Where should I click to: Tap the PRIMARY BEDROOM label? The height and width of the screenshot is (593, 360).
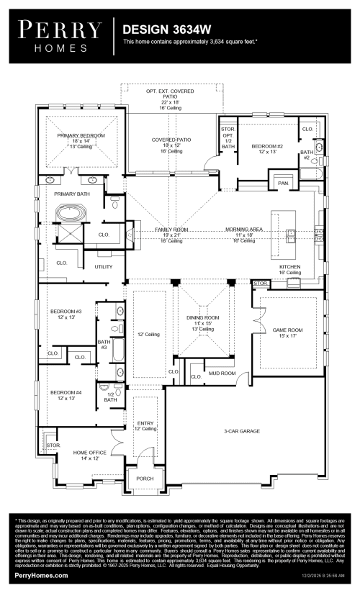click(x=81, y=135)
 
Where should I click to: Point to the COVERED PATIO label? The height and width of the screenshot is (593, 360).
click(x=171, y=140)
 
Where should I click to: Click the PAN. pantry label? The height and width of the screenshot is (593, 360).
click(x=283, y=184)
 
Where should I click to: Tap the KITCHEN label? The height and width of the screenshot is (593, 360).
click(x=289, y=266)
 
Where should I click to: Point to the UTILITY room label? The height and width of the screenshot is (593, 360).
click(x=104, y=266)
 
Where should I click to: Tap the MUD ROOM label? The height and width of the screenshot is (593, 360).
click(x=222, y=374)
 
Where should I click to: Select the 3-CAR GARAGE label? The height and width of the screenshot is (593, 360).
click(x=241, y=431)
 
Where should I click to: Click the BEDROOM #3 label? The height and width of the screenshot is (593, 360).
click(x=66, y=311)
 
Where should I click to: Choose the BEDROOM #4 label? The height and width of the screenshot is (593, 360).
click(x=66, y=392)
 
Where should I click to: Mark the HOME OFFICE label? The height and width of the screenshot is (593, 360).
click(x=89, y=452)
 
